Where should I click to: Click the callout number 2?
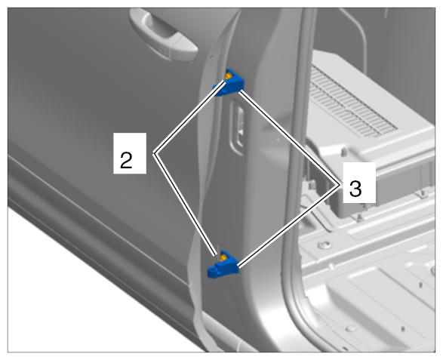tap(126, 160)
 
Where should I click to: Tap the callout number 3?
tap(355, 189)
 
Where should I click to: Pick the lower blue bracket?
tap(223, 264)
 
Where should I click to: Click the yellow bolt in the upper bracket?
tap(228, 76)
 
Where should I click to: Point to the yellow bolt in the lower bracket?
tap(223, 257)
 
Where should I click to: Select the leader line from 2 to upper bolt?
tap(189, 117)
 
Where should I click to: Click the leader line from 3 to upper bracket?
tap(289, 137)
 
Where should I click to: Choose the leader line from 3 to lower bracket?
tap(288, 226)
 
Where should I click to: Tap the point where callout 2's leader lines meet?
tap(154, 153)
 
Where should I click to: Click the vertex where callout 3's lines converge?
tap(339, 184)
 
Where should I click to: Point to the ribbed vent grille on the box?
tap(352, 103)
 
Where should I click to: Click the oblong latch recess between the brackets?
tap(238, 127)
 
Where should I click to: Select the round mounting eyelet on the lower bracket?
tap(213, 271)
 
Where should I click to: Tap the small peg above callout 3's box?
tap(344, 151)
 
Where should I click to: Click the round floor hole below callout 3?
tap(325, 244)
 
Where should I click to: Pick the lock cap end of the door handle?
tap(182, 48)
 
